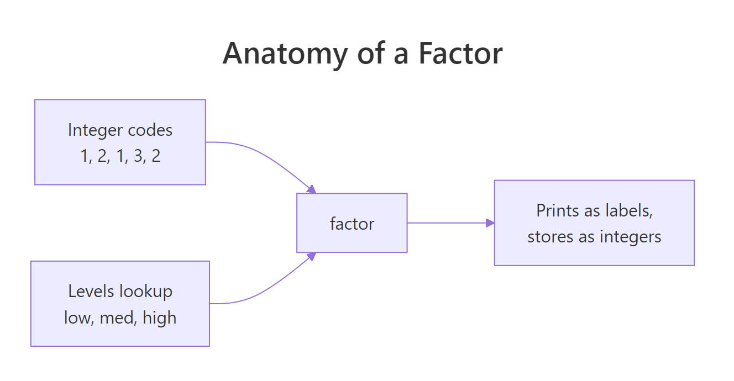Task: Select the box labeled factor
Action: pos(352,223)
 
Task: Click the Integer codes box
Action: pos(120,142)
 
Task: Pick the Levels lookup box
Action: pos(120,304)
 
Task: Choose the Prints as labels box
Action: pos(594,223)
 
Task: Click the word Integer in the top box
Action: pos(95,130)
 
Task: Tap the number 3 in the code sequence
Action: pos(138,156)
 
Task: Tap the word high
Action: pos(159,317)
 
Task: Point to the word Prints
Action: pos(558,210)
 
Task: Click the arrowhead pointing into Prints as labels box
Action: pos(490,223)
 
